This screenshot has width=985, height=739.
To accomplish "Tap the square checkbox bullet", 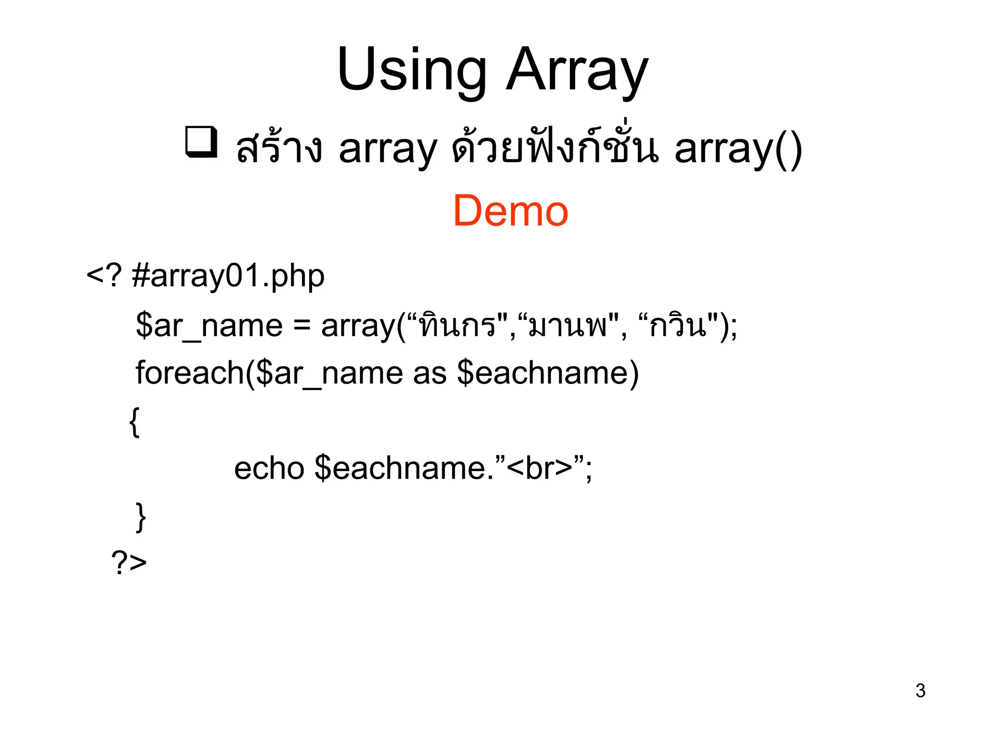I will [201, 142].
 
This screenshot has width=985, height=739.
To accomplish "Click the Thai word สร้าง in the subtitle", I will [279, 148].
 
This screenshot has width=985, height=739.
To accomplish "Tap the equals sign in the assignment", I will [302, 326].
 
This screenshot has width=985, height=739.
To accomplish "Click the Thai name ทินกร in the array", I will [457, 326].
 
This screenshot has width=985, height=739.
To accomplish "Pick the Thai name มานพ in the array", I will [568, 326].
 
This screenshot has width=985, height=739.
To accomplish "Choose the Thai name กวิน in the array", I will [678, 326].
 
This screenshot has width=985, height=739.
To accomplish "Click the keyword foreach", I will [189, 373].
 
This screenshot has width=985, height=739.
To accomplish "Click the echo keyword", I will [269, 468].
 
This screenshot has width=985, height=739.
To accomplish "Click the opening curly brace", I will [135, 422].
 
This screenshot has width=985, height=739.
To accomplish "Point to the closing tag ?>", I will [129, 562].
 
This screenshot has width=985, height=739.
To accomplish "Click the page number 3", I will [920, 691].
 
